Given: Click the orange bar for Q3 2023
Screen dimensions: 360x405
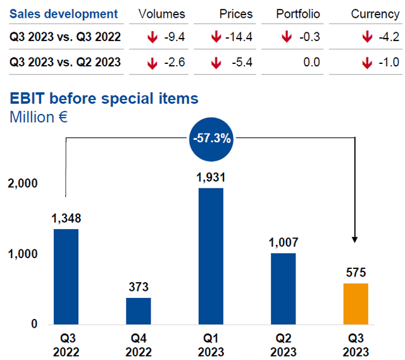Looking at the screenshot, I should tap(355, 303).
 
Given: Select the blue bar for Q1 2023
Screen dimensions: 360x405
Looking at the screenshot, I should tap(211, 256).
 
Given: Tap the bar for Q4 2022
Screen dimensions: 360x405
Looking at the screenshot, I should tap(138, 310).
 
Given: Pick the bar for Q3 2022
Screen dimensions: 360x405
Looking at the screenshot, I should tap(66, 276).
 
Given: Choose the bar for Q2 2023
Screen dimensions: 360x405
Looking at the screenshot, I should tap(283, 288).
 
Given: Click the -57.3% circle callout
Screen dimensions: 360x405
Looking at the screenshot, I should tap(211, 137).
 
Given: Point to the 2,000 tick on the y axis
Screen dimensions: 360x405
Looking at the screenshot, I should tap(23, 183).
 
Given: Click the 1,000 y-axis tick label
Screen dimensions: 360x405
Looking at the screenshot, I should tap(23, 254).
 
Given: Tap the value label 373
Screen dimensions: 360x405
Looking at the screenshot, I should tap(138, 287).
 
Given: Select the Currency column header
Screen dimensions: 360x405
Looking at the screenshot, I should tap(375, 14).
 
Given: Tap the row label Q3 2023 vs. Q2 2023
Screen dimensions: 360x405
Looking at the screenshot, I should tap(65, 62).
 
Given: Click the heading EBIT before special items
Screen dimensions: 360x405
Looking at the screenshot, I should tap(103, 99).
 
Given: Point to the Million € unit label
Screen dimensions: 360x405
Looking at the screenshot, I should tap(37, 117).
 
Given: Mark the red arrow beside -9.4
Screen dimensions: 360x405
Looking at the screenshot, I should tap(152, 38).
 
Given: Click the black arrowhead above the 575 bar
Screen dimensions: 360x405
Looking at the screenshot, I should tap(355, 240).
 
